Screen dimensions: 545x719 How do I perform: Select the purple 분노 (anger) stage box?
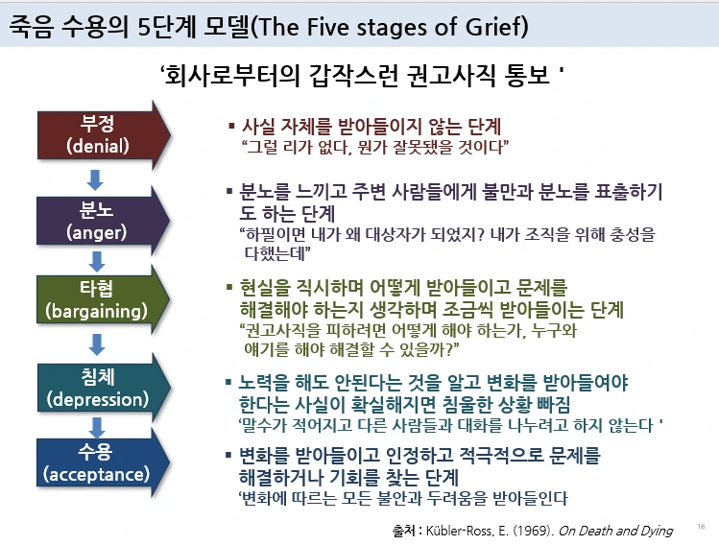tap(101, 220)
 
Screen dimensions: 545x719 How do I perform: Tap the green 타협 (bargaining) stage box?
tap(101, 300)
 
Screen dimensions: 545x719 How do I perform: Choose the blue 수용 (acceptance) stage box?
tap(101, 462)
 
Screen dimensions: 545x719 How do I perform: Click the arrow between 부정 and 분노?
tap(94, 179)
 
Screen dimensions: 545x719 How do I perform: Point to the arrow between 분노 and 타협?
tap(94, 260)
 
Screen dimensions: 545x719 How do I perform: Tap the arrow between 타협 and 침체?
tap(94, 344)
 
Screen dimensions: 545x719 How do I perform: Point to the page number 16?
tap(700, 527)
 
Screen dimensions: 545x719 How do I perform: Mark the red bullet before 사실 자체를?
tap(230, 126)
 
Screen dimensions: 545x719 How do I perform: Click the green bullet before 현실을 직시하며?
tap(228, 287)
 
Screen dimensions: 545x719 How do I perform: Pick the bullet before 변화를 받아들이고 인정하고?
tap(228, 454)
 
